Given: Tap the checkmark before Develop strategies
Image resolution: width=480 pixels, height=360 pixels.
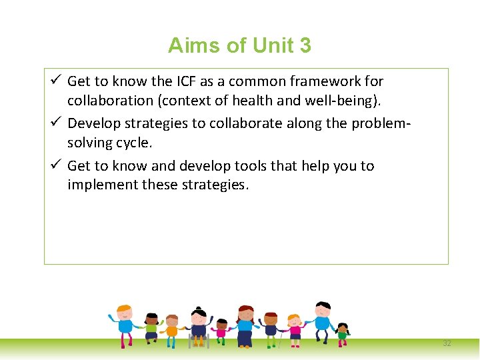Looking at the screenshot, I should (x=56, y=123).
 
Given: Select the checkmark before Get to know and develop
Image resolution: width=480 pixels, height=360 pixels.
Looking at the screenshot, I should (x=56, y=165).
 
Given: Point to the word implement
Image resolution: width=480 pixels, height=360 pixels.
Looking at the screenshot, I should (x=99, y=185).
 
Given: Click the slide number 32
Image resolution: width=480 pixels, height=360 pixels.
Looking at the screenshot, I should (x=447, y=343).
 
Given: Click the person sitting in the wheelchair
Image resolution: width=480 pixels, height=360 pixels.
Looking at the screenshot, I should (x=199, y=328).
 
